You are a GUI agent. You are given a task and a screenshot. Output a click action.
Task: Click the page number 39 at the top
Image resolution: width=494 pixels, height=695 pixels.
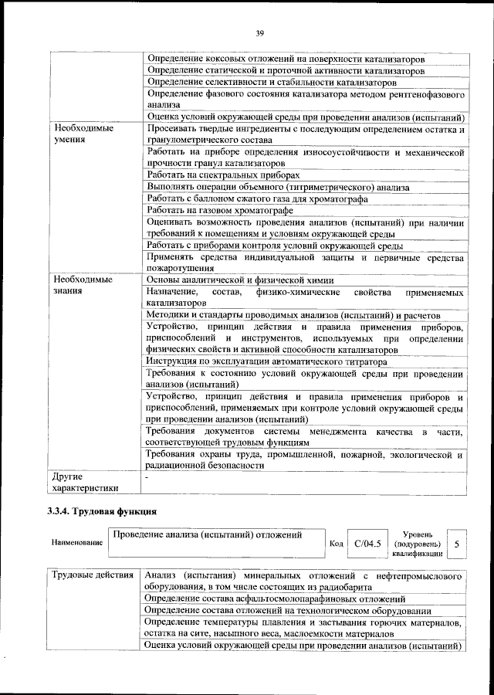pyautogui.click(x=260, y=32)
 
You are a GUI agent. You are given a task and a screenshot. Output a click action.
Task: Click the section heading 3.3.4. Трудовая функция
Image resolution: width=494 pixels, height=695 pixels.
pyautogui.click(x=103, y=510)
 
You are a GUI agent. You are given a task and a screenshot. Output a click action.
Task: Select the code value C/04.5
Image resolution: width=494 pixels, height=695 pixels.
pyautogui.click(x=367, y=544)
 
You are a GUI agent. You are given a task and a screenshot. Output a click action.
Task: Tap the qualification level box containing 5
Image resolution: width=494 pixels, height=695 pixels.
pyautogui.click(x=457, y=544)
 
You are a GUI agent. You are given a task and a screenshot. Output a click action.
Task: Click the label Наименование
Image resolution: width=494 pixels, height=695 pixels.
pyautogui.click(x=77, y=543)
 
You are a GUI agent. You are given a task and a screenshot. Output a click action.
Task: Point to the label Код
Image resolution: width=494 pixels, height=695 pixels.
pyautogui.click(x=336, y=544)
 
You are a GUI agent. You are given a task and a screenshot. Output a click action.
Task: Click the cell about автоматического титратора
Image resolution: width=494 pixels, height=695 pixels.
pyautogui.click(x=266, y=361)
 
